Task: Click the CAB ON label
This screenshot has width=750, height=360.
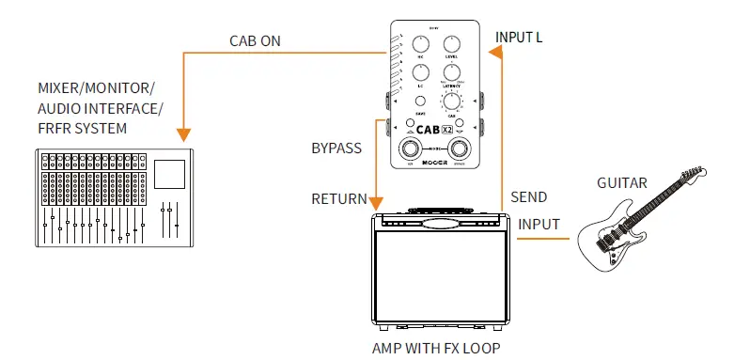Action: tap(255, 42)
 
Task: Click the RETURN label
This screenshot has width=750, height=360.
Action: tap(337, 198)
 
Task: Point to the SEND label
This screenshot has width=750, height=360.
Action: tap(529, 198)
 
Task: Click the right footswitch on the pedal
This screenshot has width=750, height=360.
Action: tap(460, 149)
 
